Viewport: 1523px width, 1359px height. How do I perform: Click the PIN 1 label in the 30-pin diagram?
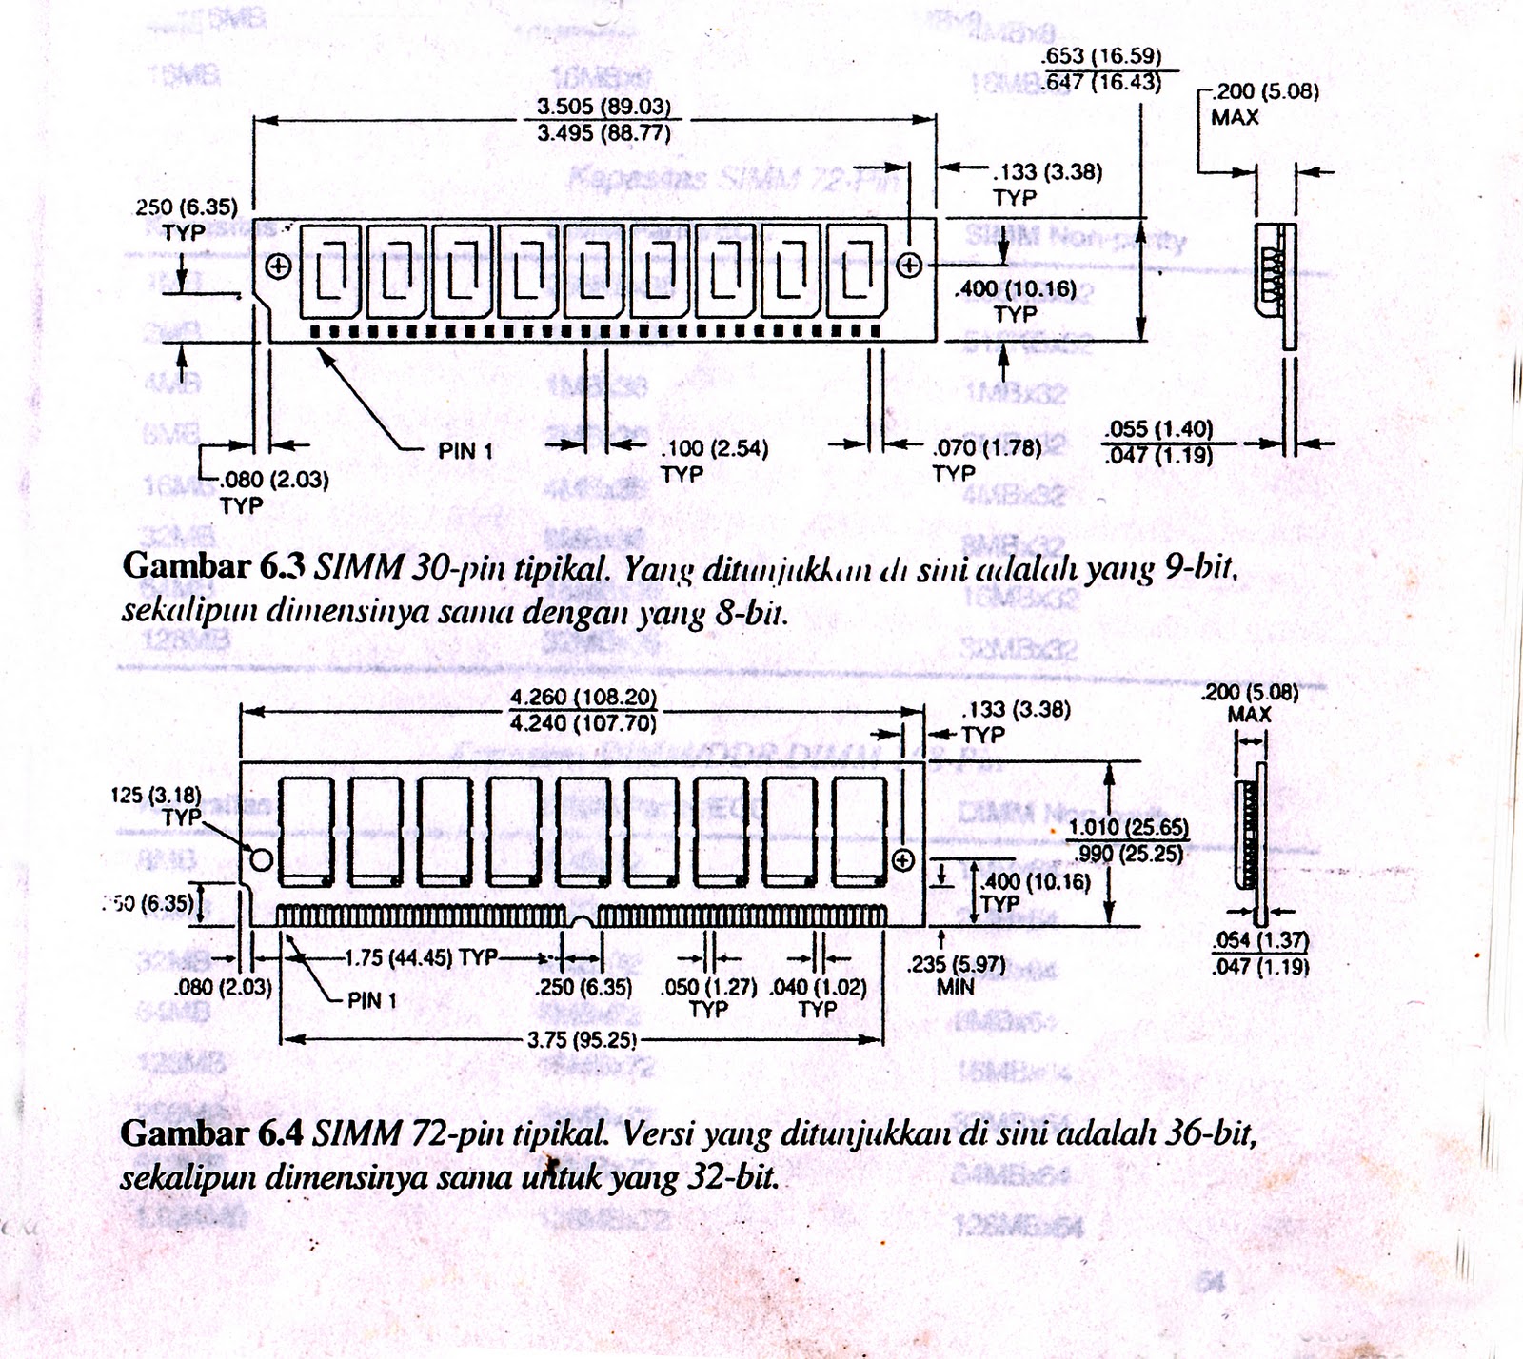465,451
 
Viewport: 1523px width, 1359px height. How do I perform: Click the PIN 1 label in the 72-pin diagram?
371,1000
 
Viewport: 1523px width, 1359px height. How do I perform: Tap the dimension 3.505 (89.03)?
603,107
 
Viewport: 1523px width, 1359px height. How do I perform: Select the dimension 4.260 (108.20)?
583,698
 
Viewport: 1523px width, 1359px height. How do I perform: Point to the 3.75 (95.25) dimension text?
582,1040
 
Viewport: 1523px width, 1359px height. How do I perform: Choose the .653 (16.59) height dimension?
1102,56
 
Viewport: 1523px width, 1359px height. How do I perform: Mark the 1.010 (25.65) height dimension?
1128,828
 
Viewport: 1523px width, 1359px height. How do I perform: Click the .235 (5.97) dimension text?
956,964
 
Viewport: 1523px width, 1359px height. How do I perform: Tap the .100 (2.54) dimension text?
715,448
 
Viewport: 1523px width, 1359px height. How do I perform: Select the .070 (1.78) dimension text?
987,447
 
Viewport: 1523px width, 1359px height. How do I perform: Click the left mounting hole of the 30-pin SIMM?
279,266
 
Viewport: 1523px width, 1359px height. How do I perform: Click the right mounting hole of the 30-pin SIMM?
910,266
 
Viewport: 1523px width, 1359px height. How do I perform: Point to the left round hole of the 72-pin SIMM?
262,860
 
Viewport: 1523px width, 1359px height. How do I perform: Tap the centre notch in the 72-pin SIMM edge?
582,920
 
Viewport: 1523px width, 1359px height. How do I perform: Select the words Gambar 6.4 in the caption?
211,1133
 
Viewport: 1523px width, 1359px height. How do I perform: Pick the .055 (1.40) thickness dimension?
1157,429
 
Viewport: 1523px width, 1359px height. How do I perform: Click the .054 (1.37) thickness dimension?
1260,940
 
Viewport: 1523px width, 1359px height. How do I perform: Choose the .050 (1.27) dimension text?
708,987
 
